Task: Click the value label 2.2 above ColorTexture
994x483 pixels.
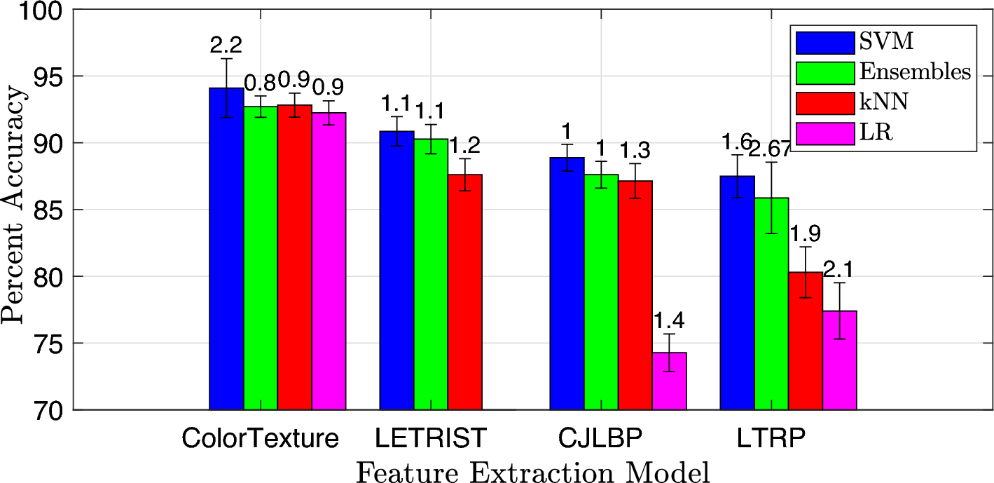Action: (226, 46)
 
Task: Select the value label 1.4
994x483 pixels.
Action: (669, 321)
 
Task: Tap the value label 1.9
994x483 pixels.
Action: (806, 233)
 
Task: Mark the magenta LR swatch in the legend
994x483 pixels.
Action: (825, 132)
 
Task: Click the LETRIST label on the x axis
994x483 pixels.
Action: (430, 439)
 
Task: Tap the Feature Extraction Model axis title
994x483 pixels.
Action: (532, 470)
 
